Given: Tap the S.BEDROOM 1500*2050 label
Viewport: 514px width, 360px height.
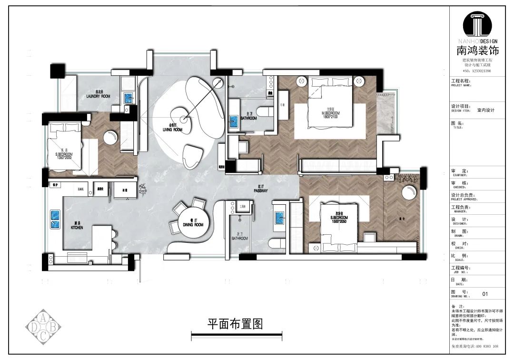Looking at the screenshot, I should [x=338, y=219].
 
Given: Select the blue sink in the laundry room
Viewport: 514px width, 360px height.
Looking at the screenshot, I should [x=128, y=98].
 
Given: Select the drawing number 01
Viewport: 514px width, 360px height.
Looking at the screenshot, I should [x=485, y=294].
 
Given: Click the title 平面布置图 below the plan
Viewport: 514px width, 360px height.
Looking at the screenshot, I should [x=235, y=324].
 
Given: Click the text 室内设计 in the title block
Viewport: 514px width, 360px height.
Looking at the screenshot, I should [x=486, y=110].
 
